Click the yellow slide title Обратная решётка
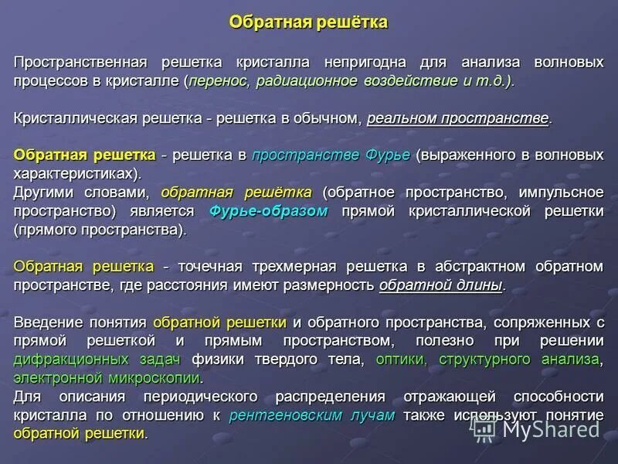[308, 22]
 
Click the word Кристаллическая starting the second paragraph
[76, 118]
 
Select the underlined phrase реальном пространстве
[458, 118]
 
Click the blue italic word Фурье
[387, 155]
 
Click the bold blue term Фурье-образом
[268, 211]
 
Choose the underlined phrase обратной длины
[440, 285]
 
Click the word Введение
[48, 322]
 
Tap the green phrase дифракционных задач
[97, 360]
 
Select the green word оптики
[402, 360]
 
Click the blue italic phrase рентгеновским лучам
[312, 415]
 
